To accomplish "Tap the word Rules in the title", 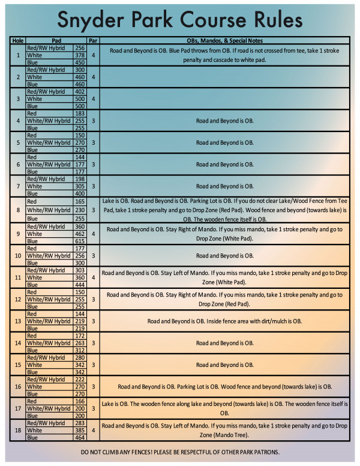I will (x=271, y=20).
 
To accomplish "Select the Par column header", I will (x=93, y=41).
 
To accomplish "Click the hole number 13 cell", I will (x=18, y=321).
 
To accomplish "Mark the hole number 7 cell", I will (x=18, y=186).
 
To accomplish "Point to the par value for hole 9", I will (x=93, y=234).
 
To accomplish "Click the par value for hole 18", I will (x=93, y=431).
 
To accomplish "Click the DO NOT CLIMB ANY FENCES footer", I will (x=180, y=451).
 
